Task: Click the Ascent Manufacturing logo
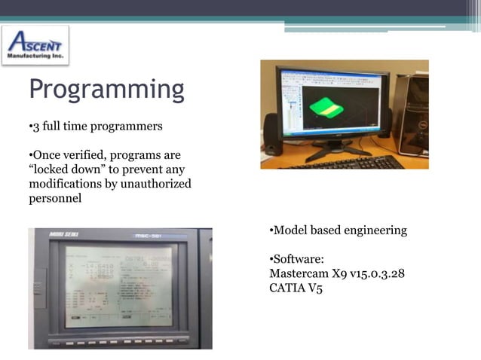tap(35, 45)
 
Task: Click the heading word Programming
tap(106, 90)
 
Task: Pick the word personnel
tap(54, 198)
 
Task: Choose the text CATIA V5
tap(296, 288)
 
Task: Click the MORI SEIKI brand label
tap(63, 235)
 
